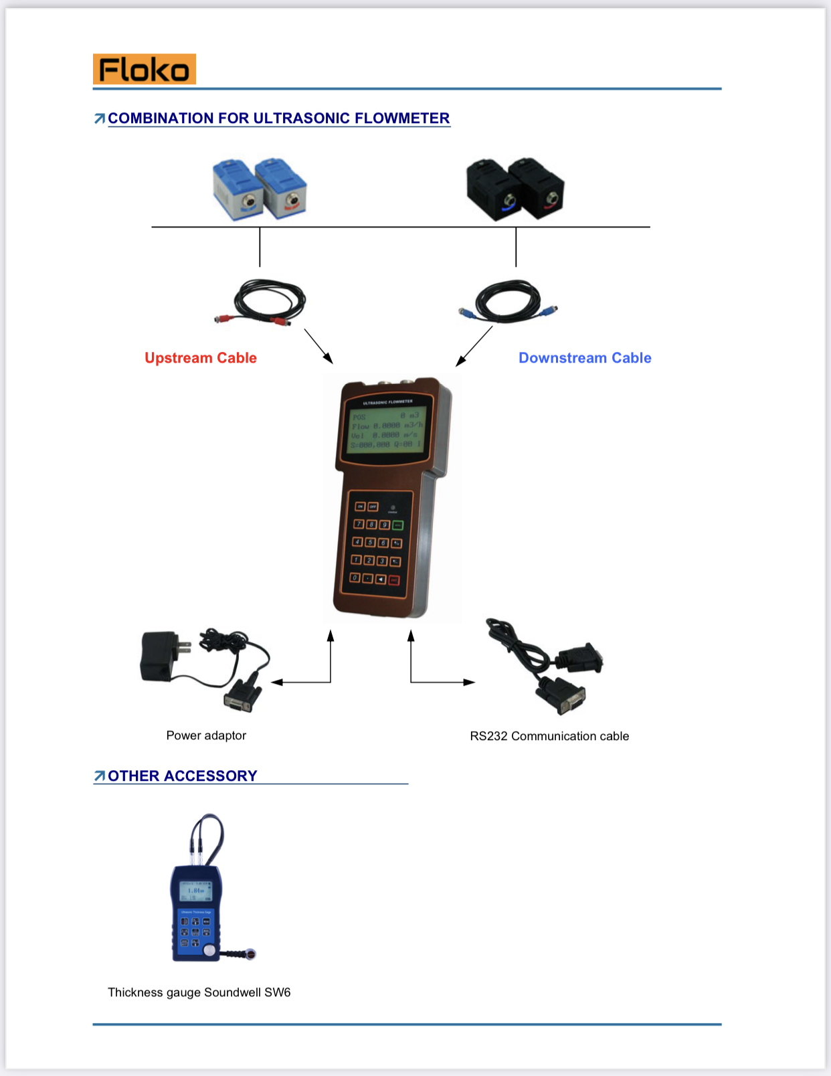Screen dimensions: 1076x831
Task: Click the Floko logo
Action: [145, 69]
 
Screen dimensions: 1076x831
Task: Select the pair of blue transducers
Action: [260, 189]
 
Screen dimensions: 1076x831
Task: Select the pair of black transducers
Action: [515, 189]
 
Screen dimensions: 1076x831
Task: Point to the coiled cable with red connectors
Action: [264, 302]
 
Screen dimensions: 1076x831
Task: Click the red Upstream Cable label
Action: [201, 358]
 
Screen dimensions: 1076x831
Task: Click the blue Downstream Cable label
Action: [585, 358]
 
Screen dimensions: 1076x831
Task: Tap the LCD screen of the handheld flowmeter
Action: [386, 430]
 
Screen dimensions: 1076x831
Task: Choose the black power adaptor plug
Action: [159, 656]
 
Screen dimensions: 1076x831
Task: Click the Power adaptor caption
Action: [206, 735]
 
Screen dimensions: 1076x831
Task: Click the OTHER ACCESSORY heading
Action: [182, 776]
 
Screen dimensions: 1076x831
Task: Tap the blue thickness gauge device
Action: [196, 913]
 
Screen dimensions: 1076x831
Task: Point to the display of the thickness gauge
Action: [196, 891]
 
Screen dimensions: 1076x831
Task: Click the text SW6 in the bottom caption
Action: [278, 992]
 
